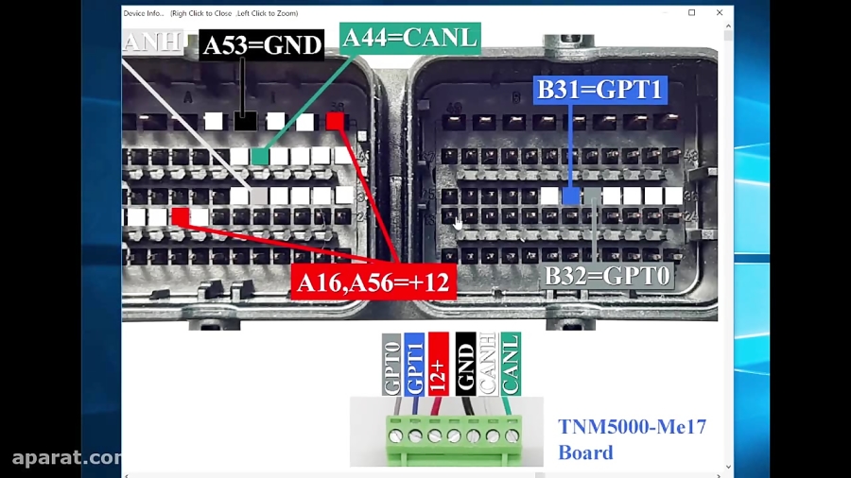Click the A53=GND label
(x=262, y=44)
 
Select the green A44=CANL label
(x=409, y=38)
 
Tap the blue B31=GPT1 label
(x=600, y=90)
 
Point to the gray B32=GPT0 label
(x=607, y=276)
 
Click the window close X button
(x=720, y=12)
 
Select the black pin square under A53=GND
(x=245, y=121)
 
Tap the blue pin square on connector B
(x=571, y=196)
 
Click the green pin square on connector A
(x=260, y=156)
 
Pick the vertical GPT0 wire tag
(x=391, y=364)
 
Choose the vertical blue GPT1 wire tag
(x=414, y=364)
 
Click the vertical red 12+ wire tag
(x=438, y=364)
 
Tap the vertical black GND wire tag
(x=464, y=364)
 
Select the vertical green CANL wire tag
(x=511, y=364)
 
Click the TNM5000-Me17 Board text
(x=632, y=439)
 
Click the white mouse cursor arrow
(x=458, y=224)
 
